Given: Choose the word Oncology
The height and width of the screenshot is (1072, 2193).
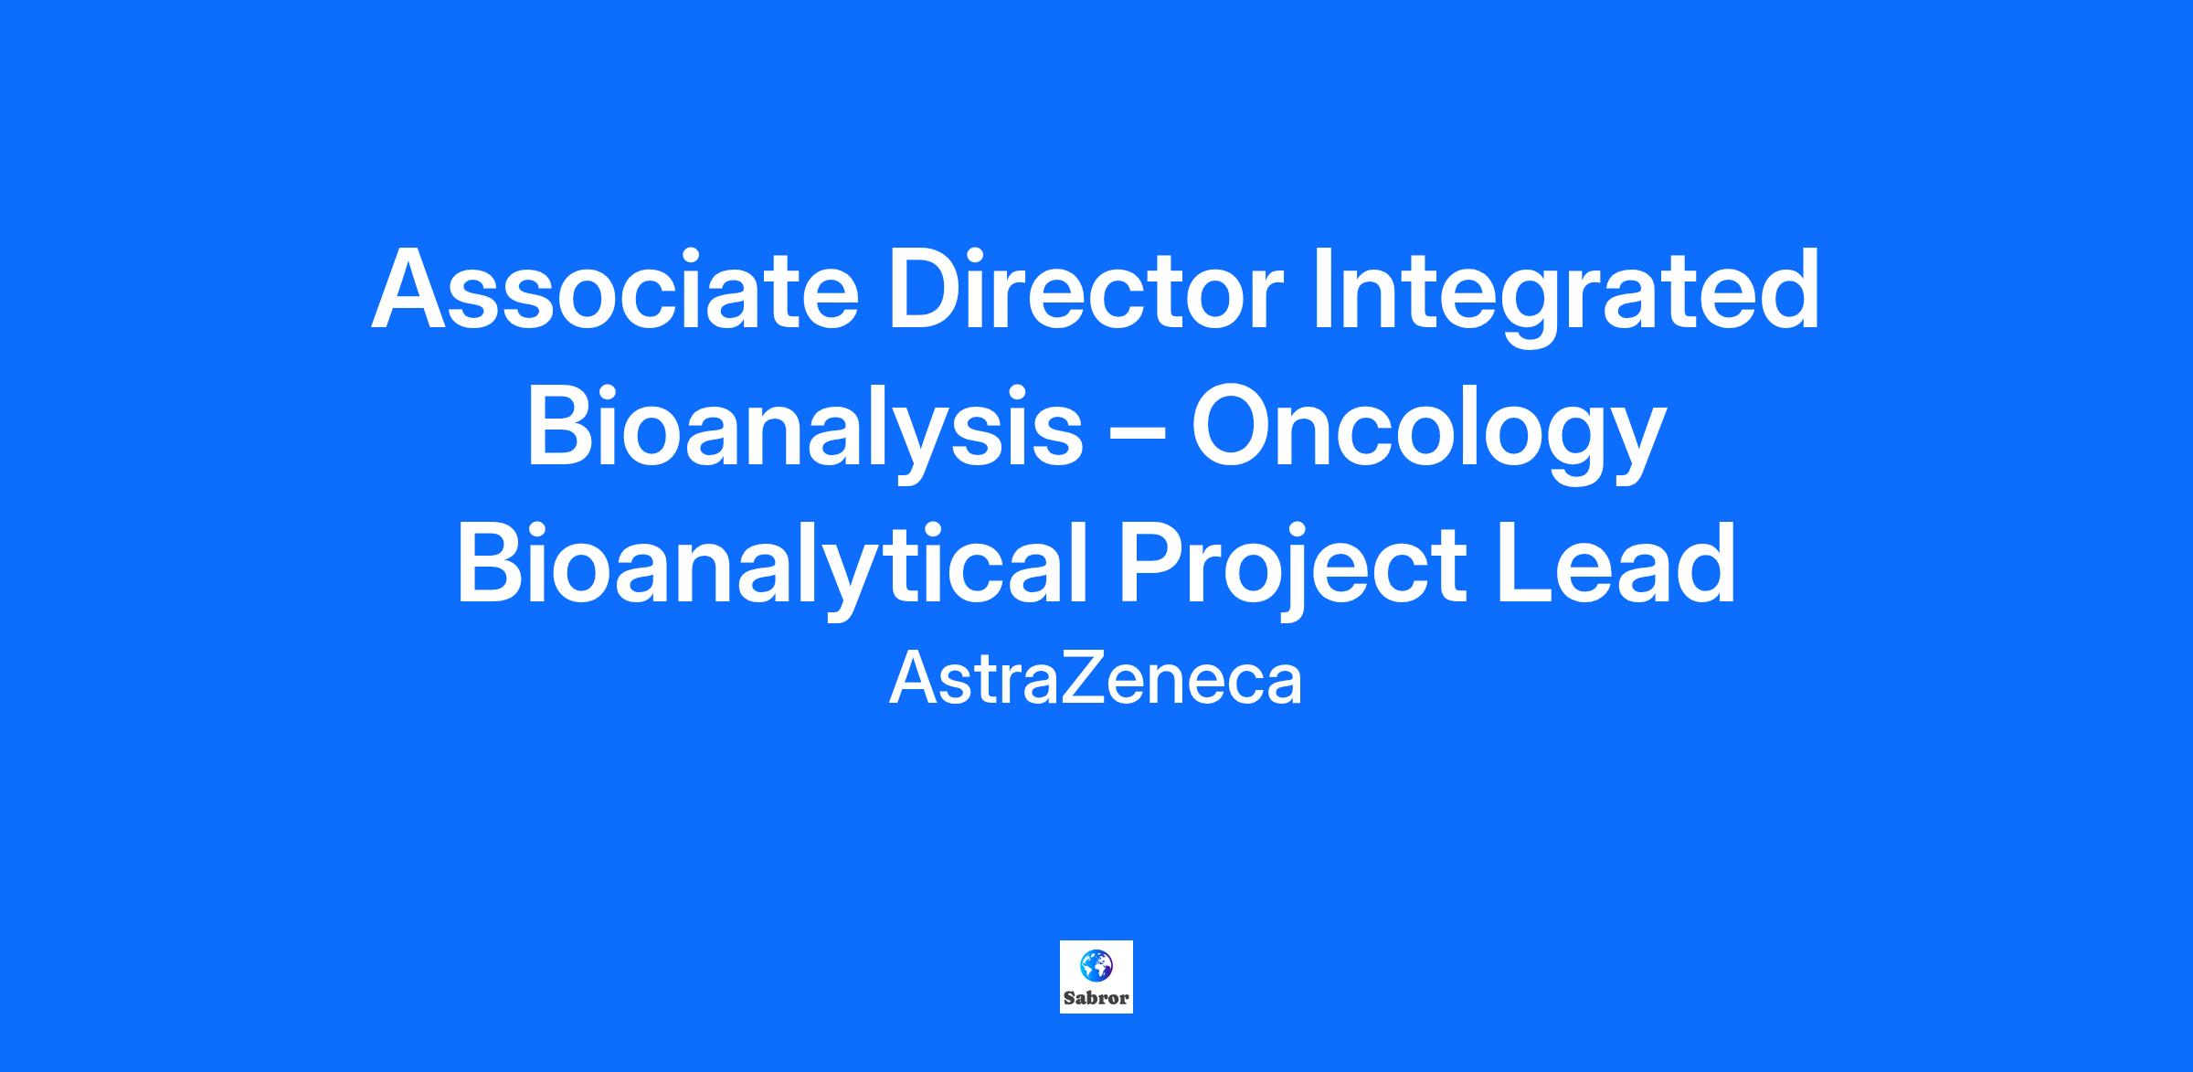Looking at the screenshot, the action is pyautogui.click(x=1426, y=435).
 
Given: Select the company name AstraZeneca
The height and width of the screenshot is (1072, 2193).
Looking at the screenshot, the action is pyautogui.click(x=1096, y=681).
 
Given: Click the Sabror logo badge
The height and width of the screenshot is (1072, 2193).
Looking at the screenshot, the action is pyautogui.click(x=1096, y=977).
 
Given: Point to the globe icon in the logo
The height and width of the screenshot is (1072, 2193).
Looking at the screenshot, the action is pyautogui.click(x=1096, y=965).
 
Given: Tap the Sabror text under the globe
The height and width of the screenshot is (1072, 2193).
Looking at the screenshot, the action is pyautogui.click(x=1096, y=998).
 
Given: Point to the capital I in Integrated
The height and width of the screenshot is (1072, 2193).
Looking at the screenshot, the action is pyautogui.click(x=1321, y=289).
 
